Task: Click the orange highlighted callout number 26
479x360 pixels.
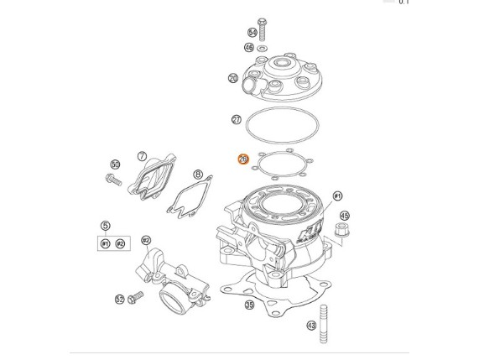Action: coord(243,159)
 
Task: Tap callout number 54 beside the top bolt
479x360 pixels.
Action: coord(253,33)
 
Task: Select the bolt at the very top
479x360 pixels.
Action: coord(263,29)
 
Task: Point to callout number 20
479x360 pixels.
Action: coord(233,78)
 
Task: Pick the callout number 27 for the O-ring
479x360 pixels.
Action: coord(237,120)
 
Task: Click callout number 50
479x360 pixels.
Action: coord(116,164)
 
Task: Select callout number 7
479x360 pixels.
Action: coord(143,156)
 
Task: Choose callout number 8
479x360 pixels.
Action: coord(198,175)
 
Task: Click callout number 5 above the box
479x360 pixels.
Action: coord(105,226)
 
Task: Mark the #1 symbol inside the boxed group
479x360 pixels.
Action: coord(106,243)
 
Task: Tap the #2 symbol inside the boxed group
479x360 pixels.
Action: coord(120,243)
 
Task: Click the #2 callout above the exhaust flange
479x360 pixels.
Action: coord(146,241)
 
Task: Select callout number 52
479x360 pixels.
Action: coord(120,299)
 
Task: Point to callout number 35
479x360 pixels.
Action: coord(249,305)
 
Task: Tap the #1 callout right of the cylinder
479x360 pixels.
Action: coord(337,196)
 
